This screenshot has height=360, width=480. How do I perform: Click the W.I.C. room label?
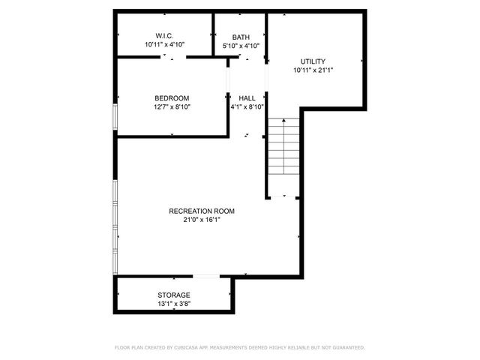tap(165, 36)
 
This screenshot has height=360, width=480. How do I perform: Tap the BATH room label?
tap(241, 37)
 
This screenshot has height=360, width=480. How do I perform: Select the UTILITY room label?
tap(313, 61)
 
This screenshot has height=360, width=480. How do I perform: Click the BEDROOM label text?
tap(172, 98)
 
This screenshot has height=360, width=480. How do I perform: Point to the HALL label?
tap(247, 98)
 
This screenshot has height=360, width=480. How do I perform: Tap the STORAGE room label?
tap(173, 295)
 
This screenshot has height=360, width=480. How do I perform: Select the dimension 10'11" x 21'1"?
tap(313, 70)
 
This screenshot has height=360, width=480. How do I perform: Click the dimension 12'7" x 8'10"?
tap(172, 106)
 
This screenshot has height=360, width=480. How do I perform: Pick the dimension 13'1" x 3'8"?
tap(173, 304)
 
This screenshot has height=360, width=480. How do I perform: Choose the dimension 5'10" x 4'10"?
tap(241, 46)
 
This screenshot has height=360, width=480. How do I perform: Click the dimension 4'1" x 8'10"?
tap(247, 106)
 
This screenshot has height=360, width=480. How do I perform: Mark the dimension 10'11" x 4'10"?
tap(165, 45)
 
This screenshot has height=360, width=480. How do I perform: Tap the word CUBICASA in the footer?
tap(188, 347)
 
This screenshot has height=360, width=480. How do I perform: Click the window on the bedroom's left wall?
tap(115, 115)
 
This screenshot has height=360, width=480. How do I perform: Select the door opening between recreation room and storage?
tap(206, 277)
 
